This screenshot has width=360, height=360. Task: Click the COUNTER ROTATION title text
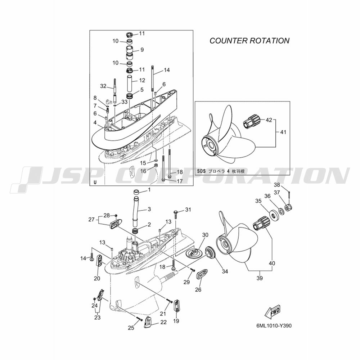pyautogui.click(x=249, y=41)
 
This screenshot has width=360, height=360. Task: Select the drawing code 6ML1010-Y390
pyautogui.click(x=274, y=326)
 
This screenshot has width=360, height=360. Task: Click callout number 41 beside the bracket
pyautogui.click(x=283, y=132)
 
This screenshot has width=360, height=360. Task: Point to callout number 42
pyautogui.click(x=269, y=120)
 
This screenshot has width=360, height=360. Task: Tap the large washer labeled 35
pyautogui.click(x=273, y=216)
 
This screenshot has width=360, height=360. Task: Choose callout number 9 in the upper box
pyautogui.click(x=142, y=50)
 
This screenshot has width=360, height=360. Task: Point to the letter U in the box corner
pyautogui.click(x=95, y=183)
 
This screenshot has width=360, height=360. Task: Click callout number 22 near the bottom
pyautogui.click(x=163, y=322)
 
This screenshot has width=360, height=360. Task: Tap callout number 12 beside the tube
pyautogui.click(x=142, y=80)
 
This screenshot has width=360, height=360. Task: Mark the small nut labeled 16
pyautogui.click(x=156, y=165)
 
